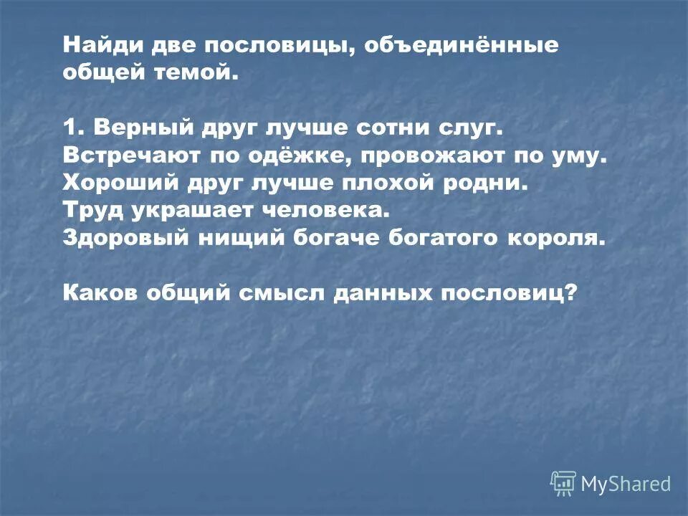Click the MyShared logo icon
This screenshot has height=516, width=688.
(x=563, y=484)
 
